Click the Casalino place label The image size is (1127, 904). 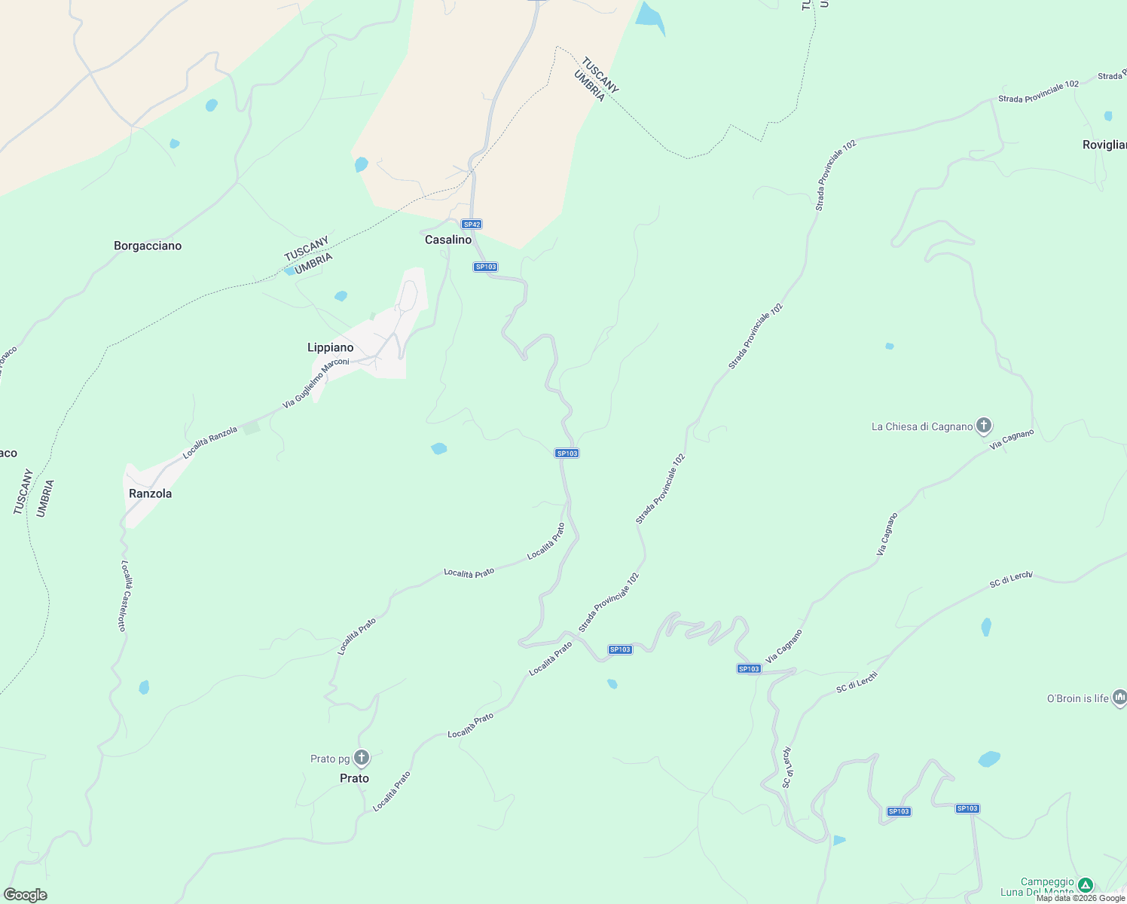[448, 240]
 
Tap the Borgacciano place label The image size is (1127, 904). [148, 246]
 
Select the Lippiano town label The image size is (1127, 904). [330, 347]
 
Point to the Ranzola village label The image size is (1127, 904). [151, 493]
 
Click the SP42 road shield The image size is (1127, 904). [472, 224]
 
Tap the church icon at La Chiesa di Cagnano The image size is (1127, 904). [984, 426]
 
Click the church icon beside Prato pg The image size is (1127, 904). [362, 757]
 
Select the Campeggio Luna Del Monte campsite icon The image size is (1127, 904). [1086, 884]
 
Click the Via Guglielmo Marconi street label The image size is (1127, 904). [316, 383]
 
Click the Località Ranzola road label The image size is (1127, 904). [210, 442]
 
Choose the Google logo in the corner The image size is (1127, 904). [26, 895]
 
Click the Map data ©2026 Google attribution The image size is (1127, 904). [1080, 898]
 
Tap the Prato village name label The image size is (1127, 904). [354, 778]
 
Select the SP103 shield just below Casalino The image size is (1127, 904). [486, 267]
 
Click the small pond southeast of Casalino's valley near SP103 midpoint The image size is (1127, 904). [439, 449]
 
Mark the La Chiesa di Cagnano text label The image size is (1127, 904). [922, 426]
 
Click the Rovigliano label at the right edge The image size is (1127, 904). [1104, 145]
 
